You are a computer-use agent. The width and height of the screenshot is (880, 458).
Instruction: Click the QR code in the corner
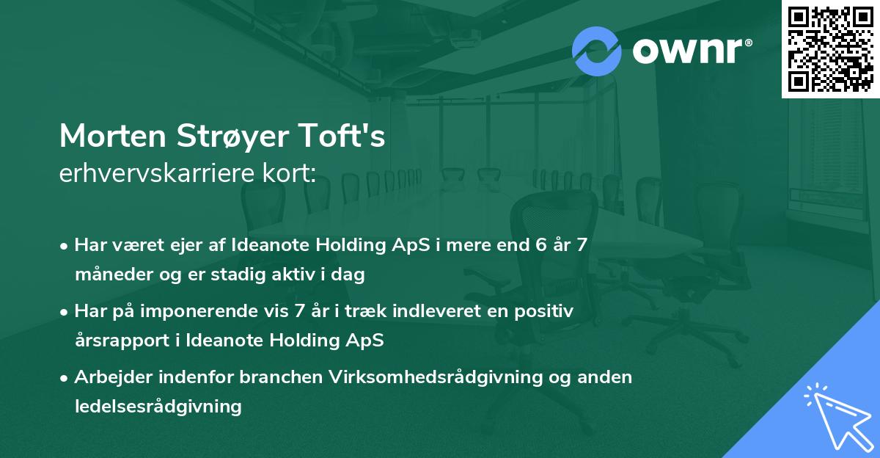coord(830,49)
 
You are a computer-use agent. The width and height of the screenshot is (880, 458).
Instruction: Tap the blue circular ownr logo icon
coord(596,51)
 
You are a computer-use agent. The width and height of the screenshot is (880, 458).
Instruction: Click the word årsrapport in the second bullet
coord(117,341)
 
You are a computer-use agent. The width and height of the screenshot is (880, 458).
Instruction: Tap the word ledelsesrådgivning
coord(158,406)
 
